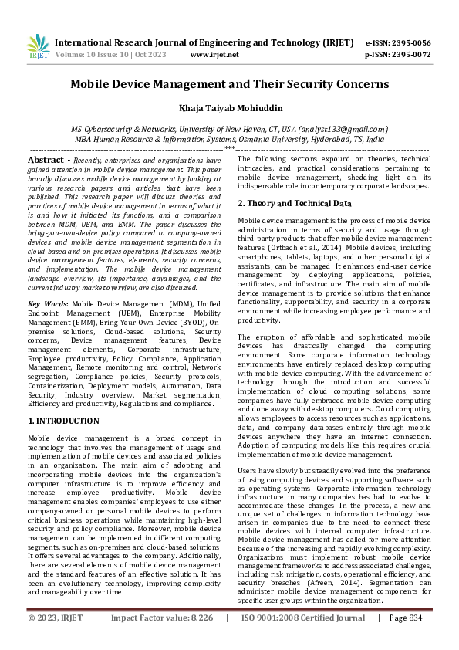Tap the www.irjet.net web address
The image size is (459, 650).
point(214,55)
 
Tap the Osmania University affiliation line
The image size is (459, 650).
point(229,139)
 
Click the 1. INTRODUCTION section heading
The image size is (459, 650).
point(63,421)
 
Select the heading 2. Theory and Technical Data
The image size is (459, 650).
point(295,203)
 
